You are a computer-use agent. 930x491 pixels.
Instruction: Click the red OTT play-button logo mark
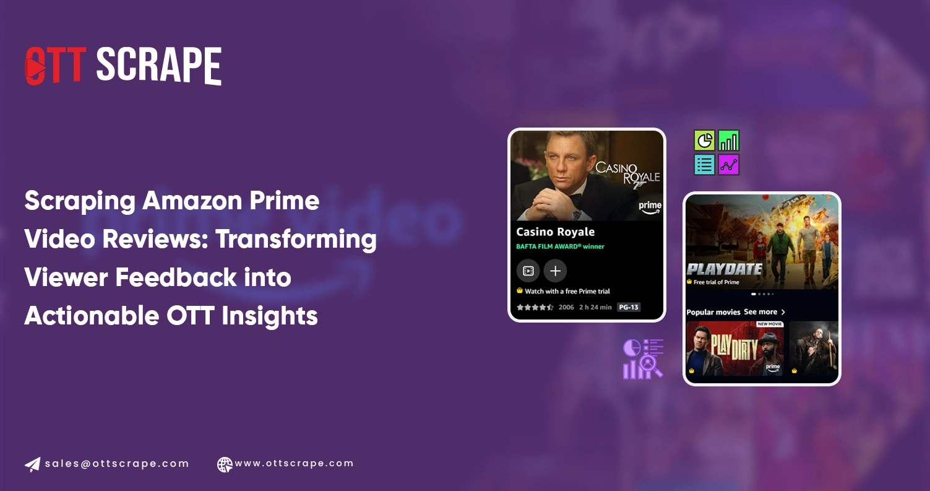point(36,66)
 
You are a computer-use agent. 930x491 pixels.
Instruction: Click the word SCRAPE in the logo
point(158,66)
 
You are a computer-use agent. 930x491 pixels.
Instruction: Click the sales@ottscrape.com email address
point(116,464)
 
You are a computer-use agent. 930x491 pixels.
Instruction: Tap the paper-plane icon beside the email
point(33,464)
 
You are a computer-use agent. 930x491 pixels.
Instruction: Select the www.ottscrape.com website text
point(294,463)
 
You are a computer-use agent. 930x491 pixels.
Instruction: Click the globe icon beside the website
point(225,464)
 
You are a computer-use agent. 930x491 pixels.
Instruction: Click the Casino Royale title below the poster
point(555,232)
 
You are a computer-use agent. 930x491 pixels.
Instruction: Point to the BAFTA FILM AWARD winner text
point(560,246)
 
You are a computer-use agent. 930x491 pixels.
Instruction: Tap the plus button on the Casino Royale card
point(555,271)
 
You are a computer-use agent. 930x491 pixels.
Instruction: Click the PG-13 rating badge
point(628,307)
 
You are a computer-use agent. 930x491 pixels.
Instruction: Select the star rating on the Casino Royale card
point(535,307)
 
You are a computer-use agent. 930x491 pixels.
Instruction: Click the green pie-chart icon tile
point(704,141)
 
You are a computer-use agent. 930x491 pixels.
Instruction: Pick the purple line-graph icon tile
point(728,165)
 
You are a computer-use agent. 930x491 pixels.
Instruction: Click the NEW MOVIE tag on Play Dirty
point(770,324)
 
